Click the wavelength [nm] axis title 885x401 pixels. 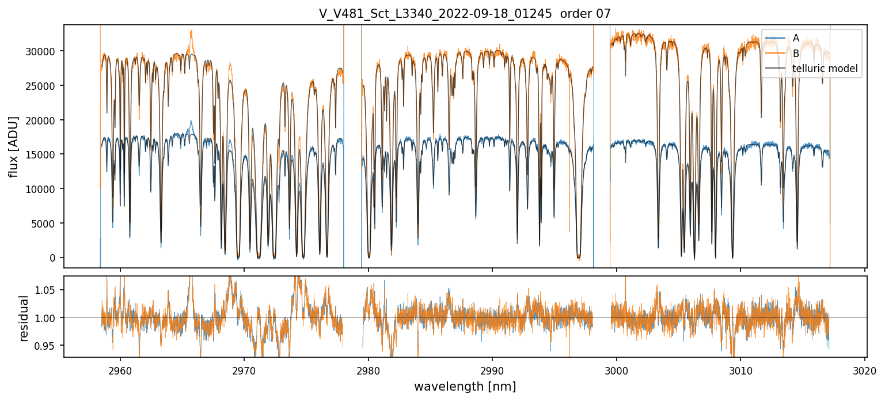tap(465, 386)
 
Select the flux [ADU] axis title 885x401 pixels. tap(14, 146)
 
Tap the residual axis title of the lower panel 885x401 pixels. tap(24, 318)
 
